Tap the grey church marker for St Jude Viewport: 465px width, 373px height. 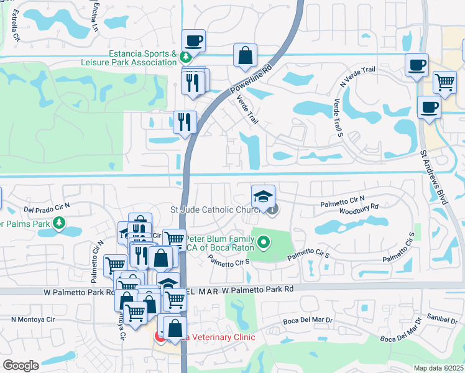click(272, 210)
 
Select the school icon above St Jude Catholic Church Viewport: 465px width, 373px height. click(264, 196)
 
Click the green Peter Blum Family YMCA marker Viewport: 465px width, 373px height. click(264, 242)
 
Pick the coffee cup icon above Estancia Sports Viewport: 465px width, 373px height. click(194, 40)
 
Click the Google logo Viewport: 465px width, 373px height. click(21, 366)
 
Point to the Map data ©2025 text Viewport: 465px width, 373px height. click(438, 368)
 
